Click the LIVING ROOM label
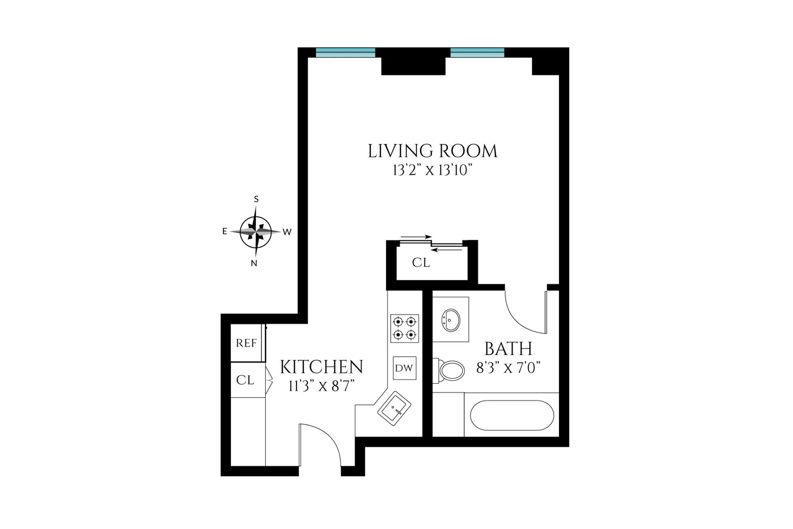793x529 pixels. tap(432, 151)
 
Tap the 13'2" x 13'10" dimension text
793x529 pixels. tap(432, 170)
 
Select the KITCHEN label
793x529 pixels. tap(322, 367)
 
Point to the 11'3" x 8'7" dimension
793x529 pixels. tap(322, 387)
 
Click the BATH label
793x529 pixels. tap(508, 349)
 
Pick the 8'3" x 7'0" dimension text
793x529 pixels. tap(508, 368)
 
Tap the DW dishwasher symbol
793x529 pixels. tap(404, 368)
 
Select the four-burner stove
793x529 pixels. tap(404, 328)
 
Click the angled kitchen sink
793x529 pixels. tap(394, 409)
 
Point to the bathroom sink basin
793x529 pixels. tap(451, 319)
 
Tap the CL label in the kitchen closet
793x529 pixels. tap(245, 380)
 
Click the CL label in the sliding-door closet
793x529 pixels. tap(421, 263)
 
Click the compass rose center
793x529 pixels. tap(256, 231)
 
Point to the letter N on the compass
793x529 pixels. tap(254, 264)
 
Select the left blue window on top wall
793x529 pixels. tap(345, 52)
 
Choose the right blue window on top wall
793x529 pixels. tap(477, 52)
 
